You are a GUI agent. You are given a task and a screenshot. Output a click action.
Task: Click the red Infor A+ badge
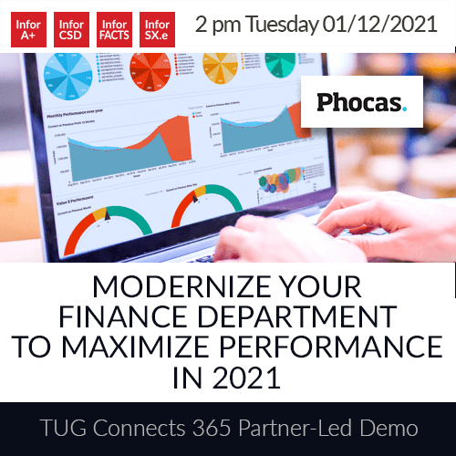point(26,30)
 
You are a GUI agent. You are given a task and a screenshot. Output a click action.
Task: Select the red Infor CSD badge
point(70,30)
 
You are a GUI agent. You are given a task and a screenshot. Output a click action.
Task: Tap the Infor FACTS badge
point(114,30)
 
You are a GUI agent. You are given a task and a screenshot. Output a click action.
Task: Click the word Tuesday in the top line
point(288,24)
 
